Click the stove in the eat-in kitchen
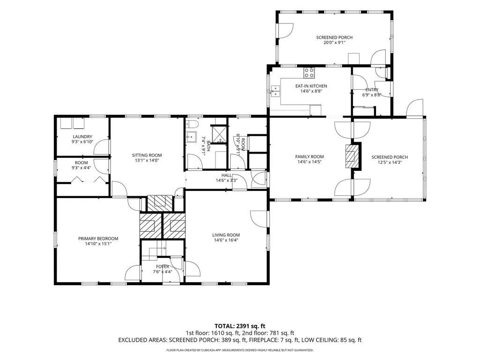pyautogui.click(x=309, y=73)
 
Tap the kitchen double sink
pyautogui.click(x=275, y=91)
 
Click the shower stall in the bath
pyautogui.click(x=220, y=134)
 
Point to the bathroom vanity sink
pyautogui.click(x=192, y=137)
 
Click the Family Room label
pyautogui.click(x=310, y=157)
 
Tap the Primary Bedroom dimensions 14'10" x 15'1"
pyautogui.click(x=98, y=244)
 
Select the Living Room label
pyautogui.click(x=226, y=235)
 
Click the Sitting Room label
pyautogui.click(x=147, y=155)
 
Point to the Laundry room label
pyautogui.click(x=82, y=137)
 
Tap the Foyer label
pyautogui.click(x=162, y=267)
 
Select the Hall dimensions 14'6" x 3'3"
pyautogui.click(x=227, y=180)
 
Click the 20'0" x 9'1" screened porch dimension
pyautogui.click(x=334, y=43)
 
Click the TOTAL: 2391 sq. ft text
pyautogui.click(x=237, y=326)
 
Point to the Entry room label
pyautogui.click(x=372, y=90)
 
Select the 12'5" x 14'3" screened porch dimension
pyautogui.click(x=390, y=162)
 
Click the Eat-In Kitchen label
pyautogui.click(x=311, y=86)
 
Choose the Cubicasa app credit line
pyautogui.click(x=240, y=350)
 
